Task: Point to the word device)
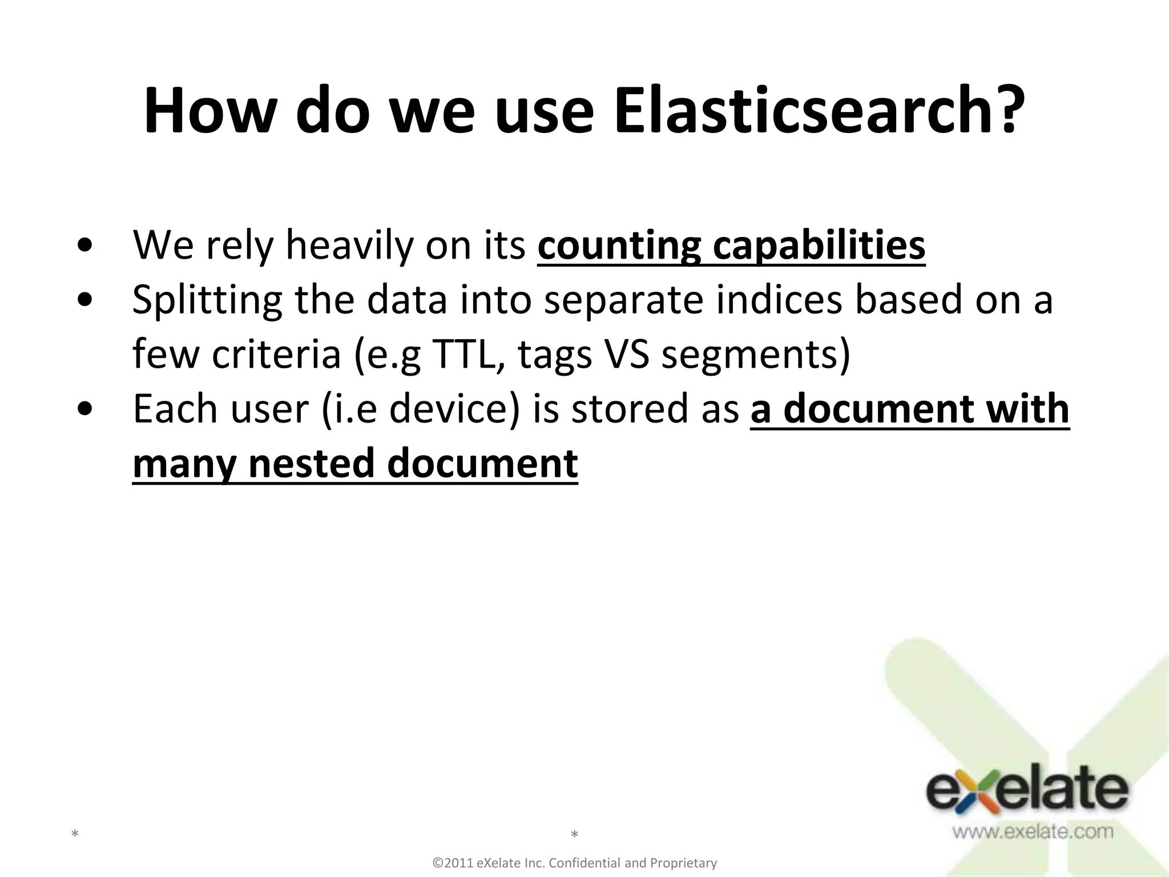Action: pyautogui.click(x=454, y=409)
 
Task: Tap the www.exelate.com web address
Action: pyautogui.click(x=1032, y=831)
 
